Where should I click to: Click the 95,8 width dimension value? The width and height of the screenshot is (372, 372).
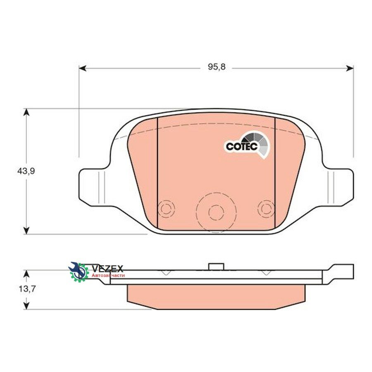(216, 67)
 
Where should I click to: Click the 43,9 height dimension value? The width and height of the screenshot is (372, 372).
(26, 171)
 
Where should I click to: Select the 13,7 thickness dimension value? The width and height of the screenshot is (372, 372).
(27, 289)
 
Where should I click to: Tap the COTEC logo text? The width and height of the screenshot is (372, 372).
(242, 146)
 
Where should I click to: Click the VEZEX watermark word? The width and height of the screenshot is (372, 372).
(107, 269)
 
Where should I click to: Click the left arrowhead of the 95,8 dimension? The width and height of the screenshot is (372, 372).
(82, 68)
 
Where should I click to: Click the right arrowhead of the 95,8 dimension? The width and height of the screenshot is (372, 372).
(350, 68)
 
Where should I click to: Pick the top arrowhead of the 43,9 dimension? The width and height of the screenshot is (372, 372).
(26, 112)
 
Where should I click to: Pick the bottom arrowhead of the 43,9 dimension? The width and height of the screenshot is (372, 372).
(26, 230)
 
